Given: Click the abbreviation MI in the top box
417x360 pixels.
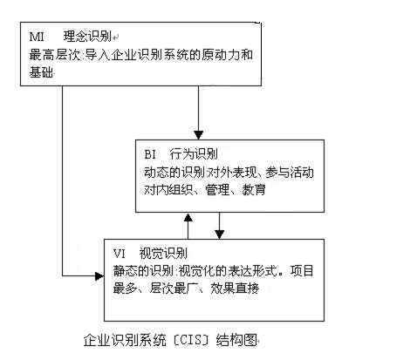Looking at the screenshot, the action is coord(37,37).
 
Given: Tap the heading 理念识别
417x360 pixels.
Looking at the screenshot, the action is coord(88,37).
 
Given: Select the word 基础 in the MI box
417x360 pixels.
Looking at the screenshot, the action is coord(41,71).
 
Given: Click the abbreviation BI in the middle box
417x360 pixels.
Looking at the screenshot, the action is coord(150,154).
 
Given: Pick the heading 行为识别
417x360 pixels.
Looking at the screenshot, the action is coord(194,154).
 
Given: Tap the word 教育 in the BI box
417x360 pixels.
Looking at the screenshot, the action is coord(254,190).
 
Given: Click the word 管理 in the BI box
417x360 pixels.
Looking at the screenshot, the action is coord(217,190).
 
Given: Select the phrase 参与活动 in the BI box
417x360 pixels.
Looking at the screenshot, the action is coord(290,173).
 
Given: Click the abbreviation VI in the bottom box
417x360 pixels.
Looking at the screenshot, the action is coord(120,254).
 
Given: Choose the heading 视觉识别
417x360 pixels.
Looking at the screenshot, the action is coord(163,254).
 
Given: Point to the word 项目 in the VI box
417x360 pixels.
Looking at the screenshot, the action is coord(302,271).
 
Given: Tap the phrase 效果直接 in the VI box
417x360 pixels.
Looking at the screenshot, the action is coord(235,289).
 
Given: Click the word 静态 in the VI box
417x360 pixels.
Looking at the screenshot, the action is coord(126,271).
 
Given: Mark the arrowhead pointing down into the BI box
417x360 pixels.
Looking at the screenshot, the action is coord(199,135).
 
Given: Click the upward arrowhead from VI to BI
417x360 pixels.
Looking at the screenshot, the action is coord(188,218).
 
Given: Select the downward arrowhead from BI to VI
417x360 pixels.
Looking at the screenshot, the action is coord(220,234).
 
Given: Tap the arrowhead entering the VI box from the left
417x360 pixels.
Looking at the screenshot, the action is coord(99,276).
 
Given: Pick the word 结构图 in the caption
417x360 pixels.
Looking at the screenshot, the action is coord(236,340).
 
